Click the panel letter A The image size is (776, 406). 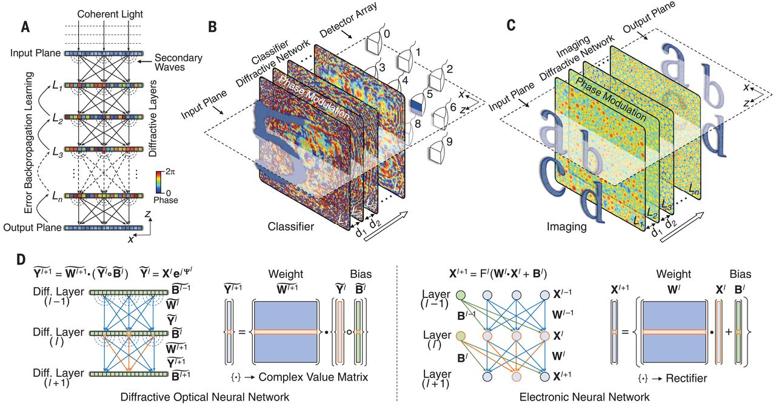pos(25,27)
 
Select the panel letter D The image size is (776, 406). pos(21,260)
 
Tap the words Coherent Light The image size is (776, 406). pos(110,14)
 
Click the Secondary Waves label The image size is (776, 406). pos(178,62)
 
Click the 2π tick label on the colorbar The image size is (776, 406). pos(170,171)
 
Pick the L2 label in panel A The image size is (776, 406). pos(57,120)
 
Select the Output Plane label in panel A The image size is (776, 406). pos(33,228)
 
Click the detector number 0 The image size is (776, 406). pos(387,33)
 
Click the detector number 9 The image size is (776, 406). pos(449,141)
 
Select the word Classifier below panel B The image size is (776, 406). pos(290,226)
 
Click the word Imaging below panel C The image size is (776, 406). pos(567,227)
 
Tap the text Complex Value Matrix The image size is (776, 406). pos(313,377)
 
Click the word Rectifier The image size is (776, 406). pos(686,378)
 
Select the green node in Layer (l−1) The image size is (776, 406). pos(461,295)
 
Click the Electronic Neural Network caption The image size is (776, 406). pos(584,397)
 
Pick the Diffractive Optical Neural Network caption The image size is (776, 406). pos(205,397)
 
